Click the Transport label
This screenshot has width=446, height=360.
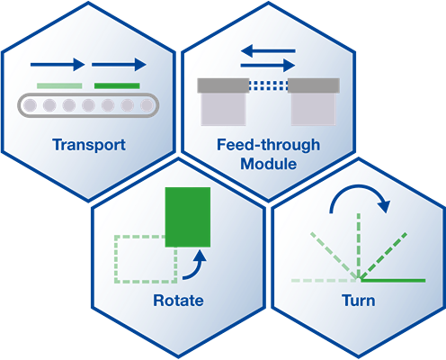(x=88, y=144)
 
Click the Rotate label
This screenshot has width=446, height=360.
(x=178, y=300)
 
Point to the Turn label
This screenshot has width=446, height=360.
(x=358, y=300)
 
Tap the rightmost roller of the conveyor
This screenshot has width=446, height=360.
(x=145, y=106)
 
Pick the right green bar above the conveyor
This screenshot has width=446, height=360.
(x=117, y=85)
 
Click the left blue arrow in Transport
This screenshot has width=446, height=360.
(x=57, y=65)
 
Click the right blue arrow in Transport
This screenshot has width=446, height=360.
(x=119, y=65)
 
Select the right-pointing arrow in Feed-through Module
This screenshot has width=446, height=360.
(x=269, y=65)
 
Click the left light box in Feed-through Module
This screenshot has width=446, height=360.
(x=223, y=109)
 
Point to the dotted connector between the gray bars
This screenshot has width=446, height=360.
(x=269, y=85)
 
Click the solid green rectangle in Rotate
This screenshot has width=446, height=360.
(x=187, y=217)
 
